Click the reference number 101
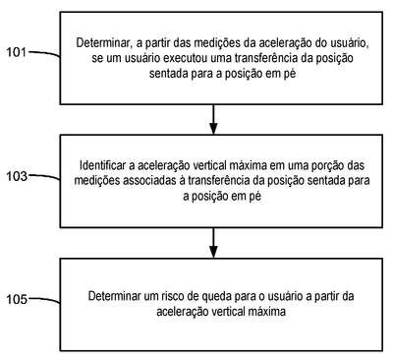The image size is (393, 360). (17, 52)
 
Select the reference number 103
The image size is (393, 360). (17, 176)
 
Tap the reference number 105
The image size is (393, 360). (17, 299)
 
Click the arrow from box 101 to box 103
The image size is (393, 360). (213, 119)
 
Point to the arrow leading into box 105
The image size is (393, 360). (213, 243)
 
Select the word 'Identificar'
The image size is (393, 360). (102, 165)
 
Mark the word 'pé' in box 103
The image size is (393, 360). (254, 197)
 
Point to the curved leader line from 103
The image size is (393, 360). (44, 177)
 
